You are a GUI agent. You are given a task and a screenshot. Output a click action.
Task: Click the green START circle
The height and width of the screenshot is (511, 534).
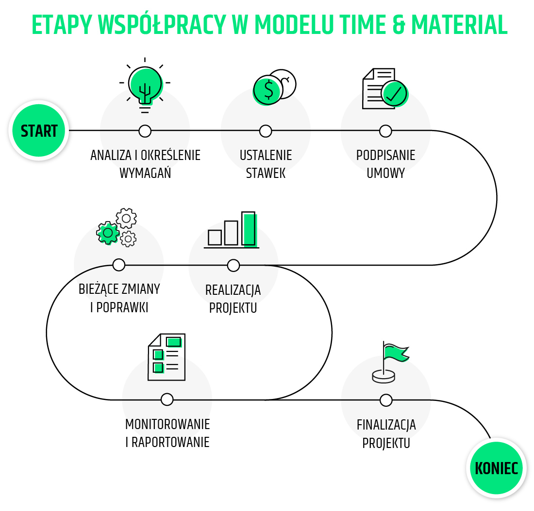pos(39,130)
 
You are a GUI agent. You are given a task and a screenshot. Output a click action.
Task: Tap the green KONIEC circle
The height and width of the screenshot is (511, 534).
pos(496,468)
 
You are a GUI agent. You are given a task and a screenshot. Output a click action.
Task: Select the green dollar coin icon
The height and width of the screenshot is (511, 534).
pos(267,90)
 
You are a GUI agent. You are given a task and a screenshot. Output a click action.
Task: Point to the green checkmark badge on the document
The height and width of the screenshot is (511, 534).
pos(394,94)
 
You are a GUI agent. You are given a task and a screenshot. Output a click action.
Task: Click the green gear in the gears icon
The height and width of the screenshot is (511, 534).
pos(108,233)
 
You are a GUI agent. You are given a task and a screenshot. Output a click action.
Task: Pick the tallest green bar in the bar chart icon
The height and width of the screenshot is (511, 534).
pos(249,228)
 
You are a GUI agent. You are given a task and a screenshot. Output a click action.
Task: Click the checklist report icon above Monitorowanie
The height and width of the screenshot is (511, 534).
pos(167,357)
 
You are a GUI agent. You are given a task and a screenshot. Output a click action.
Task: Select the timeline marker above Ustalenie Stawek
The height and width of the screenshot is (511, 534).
pos(266,131)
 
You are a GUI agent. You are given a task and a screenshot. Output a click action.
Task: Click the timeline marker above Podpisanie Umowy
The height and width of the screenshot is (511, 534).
pos(385,131)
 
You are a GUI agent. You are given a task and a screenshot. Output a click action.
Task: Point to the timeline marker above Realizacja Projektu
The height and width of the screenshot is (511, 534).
pos(234,265)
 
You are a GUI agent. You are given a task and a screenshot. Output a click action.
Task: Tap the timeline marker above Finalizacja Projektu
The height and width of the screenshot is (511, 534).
pos(386,400)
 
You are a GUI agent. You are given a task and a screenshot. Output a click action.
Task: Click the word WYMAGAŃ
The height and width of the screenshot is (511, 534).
pos(145,173)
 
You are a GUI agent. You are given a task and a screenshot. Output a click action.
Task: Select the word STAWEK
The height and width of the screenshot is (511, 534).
pos(266,173)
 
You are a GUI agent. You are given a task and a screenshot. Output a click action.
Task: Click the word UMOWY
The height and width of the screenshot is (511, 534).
pos(385,173)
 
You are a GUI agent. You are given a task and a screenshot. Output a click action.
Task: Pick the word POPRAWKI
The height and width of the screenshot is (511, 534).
pos(123,307)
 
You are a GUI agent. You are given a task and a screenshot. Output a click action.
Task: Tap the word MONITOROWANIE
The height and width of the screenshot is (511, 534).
pos(167,424)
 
